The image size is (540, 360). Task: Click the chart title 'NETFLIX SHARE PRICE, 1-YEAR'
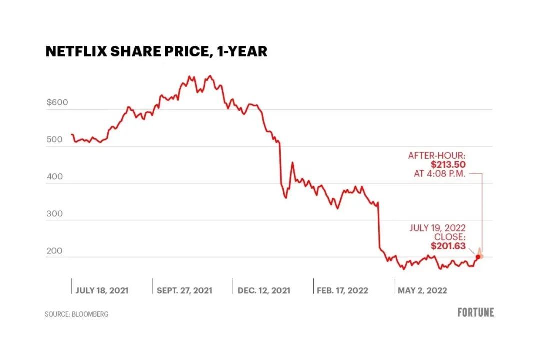tap(156, 51)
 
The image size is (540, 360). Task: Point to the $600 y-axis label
tap(57, 103)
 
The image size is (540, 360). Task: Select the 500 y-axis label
tap(55, 139)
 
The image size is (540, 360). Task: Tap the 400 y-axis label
tap(55, 177)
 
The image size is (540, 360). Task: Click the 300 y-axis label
tap(55, 214)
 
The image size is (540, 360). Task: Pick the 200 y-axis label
tap(55, 251)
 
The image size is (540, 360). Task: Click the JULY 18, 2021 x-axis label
tap(102, 290)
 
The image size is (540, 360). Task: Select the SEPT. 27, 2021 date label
tap(184, 290)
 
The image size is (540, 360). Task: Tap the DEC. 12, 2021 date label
tap(263, 290)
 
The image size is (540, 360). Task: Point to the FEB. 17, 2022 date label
tap(342, 290)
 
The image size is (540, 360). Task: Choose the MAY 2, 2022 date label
tap(422, 290)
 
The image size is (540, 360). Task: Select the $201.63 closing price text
tap(448, 246)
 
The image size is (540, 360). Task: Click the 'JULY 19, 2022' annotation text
tap(438, 228)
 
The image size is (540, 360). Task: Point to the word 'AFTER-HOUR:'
tap(437, 156)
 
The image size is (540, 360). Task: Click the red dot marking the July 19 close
tap(477, 256)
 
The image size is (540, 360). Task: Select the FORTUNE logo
tap(475, 312)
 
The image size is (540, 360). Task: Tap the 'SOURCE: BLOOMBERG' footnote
tap(76, 314)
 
